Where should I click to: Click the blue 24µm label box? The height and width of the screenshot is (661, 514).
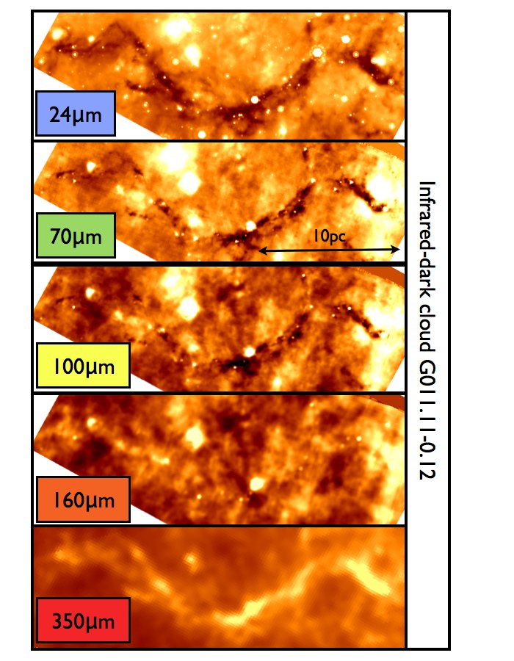click(75, 114)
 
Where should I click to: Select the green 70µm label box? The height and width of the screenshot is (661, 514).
click(75, 235)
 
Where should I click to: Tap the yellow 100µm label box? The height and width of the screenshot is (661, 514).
click(82, 365)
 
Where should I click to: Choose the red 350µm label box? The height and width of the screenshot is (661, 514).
click(82, 621)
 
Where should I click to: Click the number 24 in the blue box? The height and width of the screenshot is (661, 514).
click(60, 115)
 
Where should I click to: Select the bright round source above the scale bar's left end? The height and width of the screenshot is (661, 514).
click(251, 225)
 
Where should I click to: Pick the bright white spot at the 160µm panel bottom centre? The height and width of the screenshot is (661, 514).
click(257, 484)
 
